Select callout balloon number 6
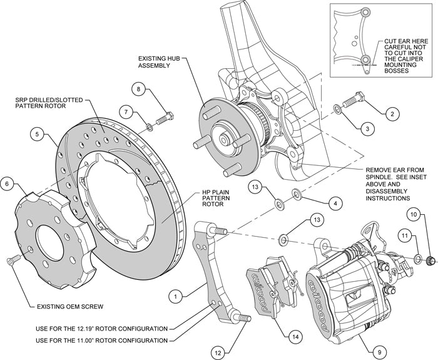pos(8,184)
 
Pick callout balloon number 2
pos(392,114)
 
